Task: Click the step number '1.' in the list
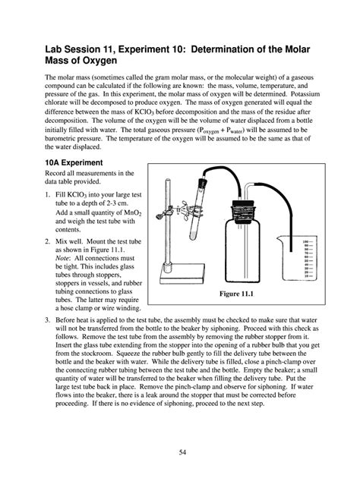(x=49, y=195)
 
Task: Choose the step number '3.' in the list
(x=49, y=322)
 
